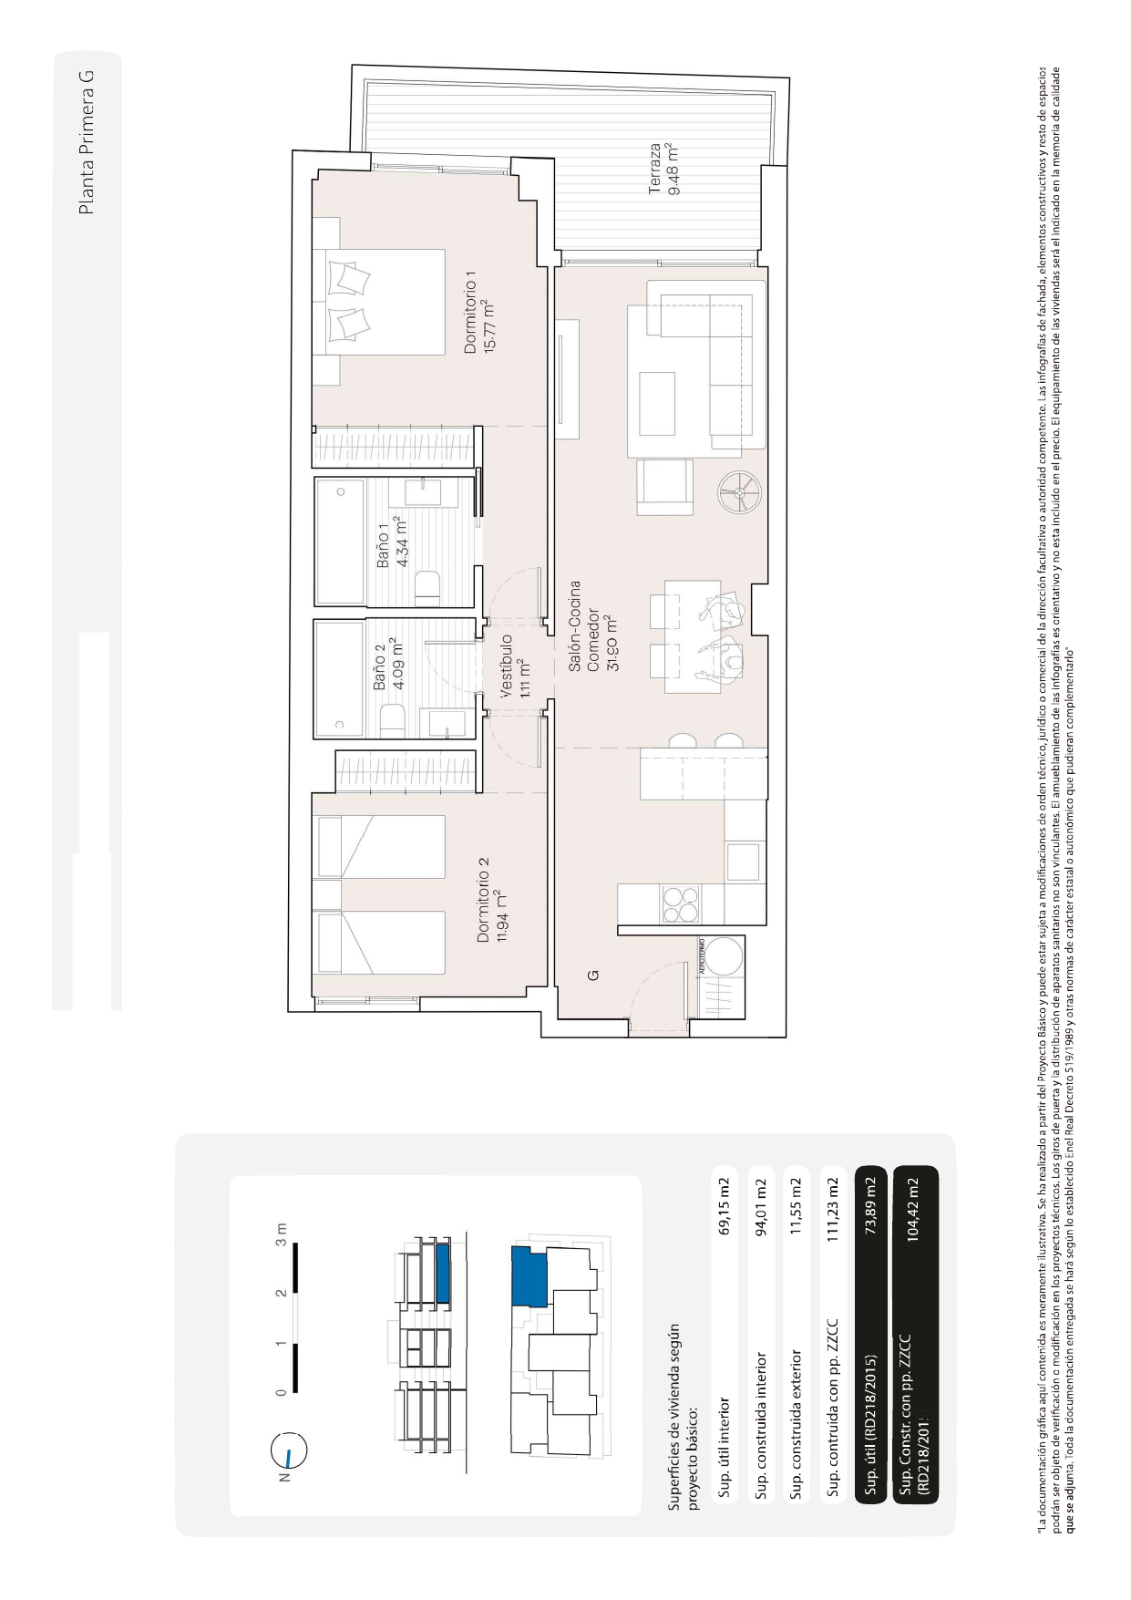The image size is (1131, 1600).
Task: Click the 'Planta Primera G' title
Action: click(x=87, y=142)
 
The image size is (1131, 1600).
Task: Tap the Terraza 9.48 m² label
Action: click(x=664, y=169)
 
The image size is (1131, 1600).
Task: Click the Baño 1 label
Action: click(x=393, y=542)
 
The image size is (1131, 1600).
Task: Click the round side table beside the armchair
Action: click(x=738, y=492)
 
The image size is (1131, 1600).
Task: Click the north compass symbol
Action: click(x=290, y=1451)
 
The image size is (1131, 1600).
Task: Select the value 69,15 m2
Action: click(x=724, y=1206)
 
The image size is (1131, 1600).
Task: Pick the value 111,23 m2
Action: click(x=831, y=1206)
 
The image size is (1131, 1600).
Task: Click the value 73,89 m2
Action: click(x=870, y=1206)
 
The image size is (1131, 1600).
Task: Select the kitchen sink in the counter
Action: click(x=744, y=862)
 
